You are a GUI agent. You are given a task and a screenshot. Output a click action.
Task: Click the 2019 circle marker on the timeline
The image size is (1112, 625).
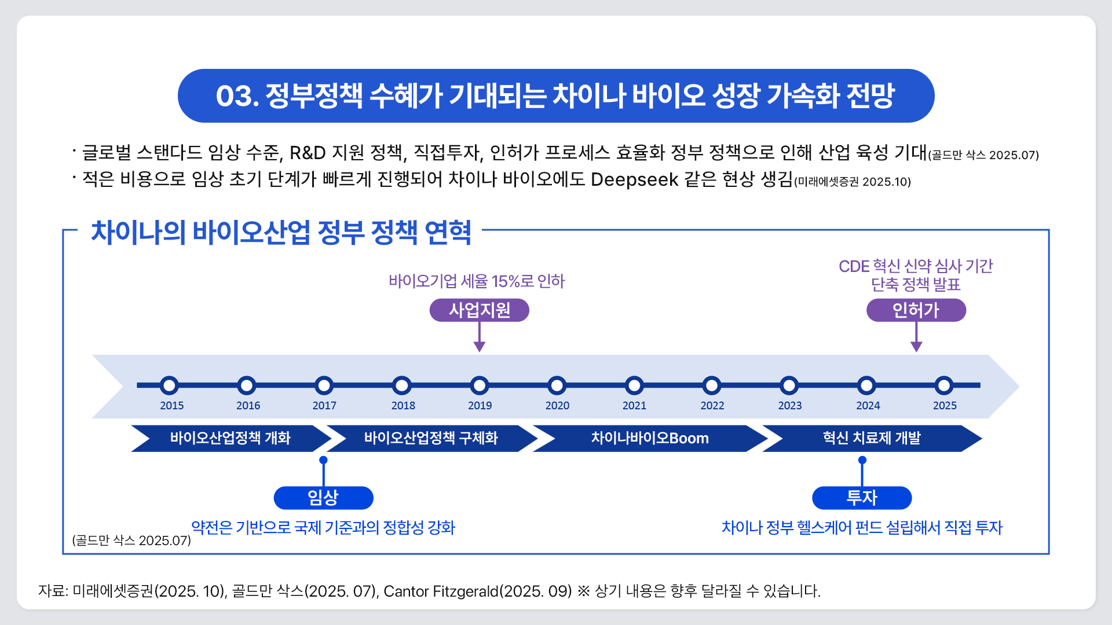point(480,385)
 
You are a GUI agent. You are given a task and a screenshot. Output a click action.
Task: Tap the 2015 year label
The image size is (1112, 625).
point(171,406)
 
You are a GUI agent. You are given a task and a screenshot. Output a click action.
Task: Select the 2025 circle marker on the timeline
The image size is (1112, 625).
point(944,385)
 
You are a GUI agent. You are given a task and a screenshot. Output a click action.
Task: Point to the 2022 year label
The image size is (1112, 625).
point(712,406)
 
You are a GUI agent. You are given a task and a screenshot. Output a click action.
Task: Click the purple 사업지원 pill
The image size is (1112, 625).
point(479,310)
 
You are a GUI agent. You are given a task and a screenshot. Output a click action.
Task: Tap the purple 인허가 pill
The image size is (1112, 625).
point(916,310)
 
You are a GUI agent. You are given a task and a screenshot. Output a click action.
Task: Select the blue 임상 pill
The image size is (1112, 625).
point(323,498)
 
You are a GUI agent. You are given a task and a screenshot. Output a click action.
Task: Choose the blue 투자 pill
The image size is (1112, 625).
point(862,498)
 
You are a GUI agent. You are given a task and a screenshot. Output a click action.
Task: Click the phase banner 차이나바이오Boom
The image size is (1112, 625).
point(649,438)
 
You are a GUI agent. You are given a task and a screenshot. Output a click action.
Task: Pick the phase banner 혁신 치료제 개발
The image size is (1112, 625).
point(871,438)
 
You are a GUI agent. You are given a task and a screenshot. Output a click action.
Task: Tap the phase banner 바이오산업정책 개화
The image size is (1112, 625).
point(230,438)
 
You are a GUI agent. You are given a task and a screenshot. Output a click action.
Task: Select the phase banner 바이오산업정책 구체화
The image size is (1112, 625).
point(430,438)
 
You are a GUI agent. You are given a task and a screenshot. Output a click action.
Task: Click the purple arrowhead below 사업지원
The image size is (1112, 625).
point(480,347)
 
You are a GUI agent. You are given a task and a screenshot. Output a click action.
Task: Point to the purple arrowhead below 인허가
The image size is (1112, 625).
point(916,347)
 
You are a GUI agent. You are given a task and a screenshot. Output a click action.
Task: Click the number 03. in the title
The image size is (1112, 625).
point(237,96)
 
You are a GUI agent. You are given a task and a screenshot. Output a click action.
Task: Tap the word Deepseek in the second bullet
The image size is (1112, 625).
point(634,179)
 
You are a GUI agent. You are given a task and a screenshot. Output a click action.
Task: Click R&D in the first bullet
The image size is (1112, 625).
point(308,153)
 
